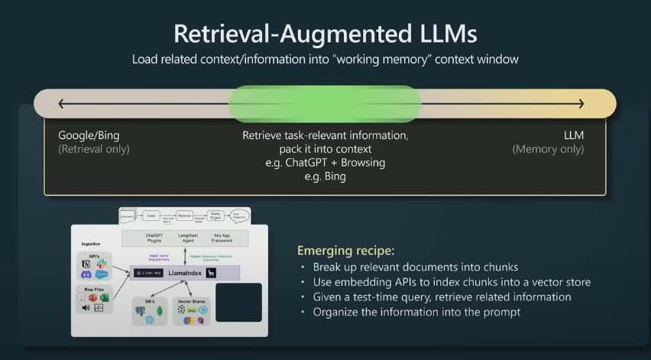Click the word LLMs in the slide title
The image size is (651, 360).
(443, 34)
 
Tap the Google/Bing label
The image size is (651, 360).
(89, 135)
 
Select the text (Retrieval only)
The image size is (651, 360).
(94, 149)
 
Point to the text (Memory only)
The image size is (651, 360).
(548, 149)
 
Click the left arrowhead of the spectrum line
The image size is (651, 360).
(62, 104)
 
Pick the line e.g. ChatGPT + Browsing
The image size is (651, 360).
(325, 163)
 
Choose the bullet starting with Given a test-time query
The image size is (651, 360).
(442, 297)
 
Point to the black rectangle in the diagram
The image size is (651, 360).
(239, 303)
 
